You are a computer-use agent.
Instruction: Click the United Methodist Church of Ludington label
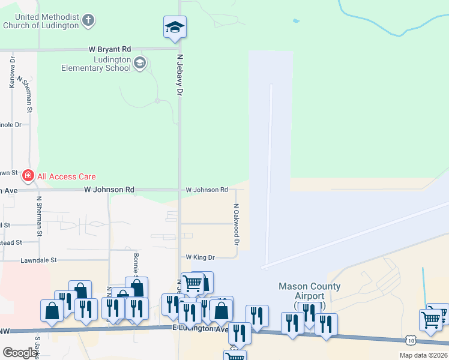coord(41,22)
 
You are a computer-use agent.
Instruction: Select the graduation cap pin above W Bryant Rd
coord(175,27)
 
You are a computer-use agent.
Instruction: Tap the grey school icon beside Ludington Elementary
coord(140,63)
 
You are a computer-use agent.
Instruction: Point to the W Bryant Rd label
coord(109,49)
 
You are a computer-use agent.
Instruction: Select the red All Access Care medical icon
coord(27,176)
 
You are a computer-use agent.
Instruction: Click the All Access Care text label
coord(65,176)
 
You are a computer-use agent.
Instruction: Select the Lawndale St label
coord(38,260)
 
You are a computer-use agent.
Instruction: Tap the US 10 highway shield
coord(410,340)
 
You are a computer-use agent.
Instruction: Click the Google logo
coord(20,353)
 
